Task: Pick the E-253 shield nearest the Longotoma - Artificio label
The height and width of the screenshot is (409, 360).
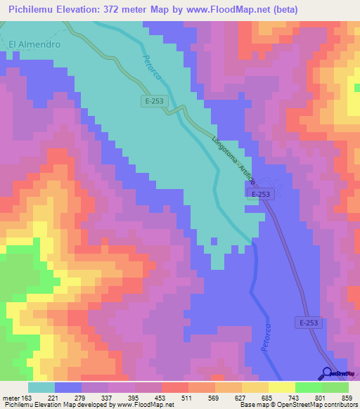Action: click(260, 195)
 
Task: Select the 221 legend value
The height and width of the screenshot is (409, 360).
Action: click(63, 396)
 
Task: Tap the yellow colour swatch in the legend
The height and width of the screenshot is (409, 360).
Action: click(281, 387)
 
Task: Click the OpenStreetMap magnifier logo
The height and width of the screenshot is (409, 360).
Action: click(328, 373)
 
